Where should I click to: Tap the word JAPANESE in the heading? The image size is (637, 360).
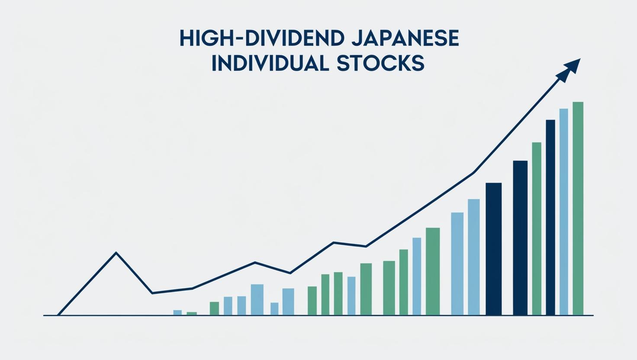[x=405, y=39]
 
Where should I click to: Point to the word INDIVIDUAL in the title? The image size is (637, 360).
[x=270, y=64]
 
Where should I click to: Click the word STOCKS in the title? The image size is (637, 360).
[x=380, y=64]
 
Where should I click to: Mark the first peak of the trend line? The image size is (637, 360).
[x=116, y=253]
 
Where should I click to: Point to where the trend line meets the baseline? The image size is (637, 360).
[x=58, y=315]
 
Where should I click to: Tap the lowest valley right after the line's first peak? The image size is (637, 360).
[x=152, y=293]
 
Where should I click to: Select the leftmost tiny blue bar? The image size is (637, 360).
[x=177, y=312]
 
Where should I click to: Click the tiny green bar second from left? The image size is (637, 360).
[x=192, y=314]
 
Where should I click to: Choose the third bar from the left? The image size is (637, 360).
[x=214, y=309]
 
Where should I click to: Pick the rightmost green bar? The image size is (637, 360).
[x=578, y=209]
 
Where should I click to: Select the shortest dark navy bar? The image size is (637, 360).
[x=494, y=249]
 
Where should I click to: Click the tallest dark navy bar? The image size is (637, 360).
[x=550, y=218]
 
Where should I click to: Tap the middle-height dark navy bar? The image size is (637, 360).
[x=520, y=238]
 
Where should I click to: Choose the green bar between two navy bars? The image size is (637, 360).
[x=537, y=228]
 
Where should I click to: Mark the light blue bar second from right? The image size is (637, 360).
[x=563, y=212]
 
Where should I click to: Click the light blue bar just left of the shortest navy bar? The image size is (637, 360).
[x=474, y=257]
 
